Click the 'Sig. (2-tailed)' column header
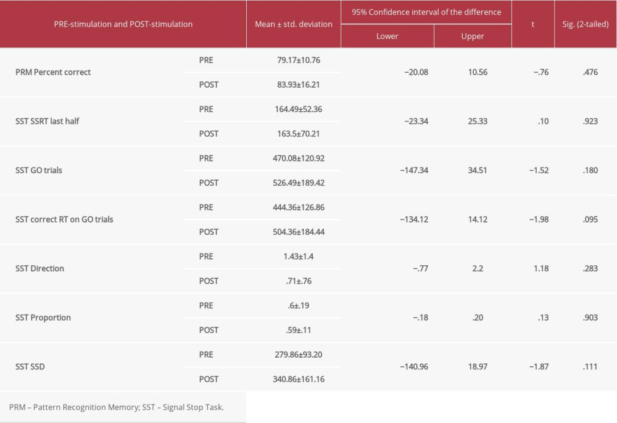(x=585, y=24)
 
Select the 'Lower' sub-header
(x=387, y=36)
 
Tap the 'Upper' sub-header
(x=473, y=36)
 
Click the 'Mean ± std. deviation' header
(x=293, y=24)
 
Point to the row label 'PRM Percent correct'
(x=53, y=72)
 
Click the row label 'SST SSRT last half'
(x=48, y=121)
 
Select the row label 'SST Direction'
(x=39, y=268)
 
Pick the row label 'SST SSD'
(x=30, y=367)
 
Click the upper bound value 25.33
(x=478, y=121)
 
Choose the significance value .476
(x=590, y=72)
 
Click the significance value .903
(x=590, y=318)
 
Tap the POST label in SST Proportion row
(x=209, y=330)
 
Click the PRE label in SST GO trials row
(x=206, y=158)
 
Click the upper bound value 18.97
(x=478, y=367)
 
